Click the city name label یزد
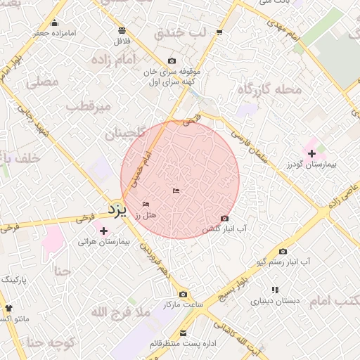click(117, 209)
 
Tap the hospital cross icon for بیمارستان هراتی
click(104, 230)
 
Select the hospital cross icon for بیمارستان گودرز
click(311, 153)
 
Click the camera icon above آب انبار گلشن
click(224, 219)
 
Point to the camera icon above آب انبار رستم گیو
click(283, 251)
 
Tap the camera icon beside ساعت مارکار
click(183, 295)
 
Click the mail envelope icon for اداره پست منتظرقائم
click(184, 333)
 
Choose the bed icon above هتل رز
click(146, 204)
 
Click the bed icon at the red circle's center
click(176, 191)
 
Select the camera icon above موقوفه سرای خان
click(172, 61)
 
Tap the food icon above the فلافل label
click(122, 30)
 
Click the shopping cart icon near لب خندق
click(220, 32)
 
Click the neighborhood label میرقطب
click(88, 106)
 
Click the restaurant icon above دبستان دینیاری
click(275, 290)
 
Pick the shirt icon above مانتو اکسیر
click(8, 308)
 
